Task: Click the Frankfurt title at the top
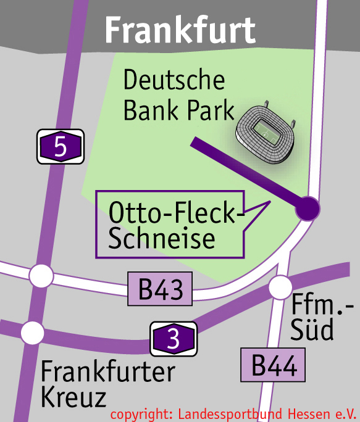[x=180, y=29]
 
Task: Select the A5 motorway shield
[x=61, y=147]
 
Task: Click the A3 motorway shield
[x=174, y=339]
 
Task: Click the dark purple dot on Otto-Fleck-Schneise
[x=307, y=208]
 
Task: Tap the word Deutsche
[x=174, y=81]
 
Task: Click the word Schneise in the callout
[x=162, y=238]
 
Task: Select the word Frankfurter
[x=108, y=373]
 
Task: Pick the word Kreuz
[x=73, y=398]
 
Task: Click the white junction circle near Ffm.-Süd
[x=281, y=286]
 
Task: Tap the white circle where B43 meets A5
[x=41, y=276]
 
